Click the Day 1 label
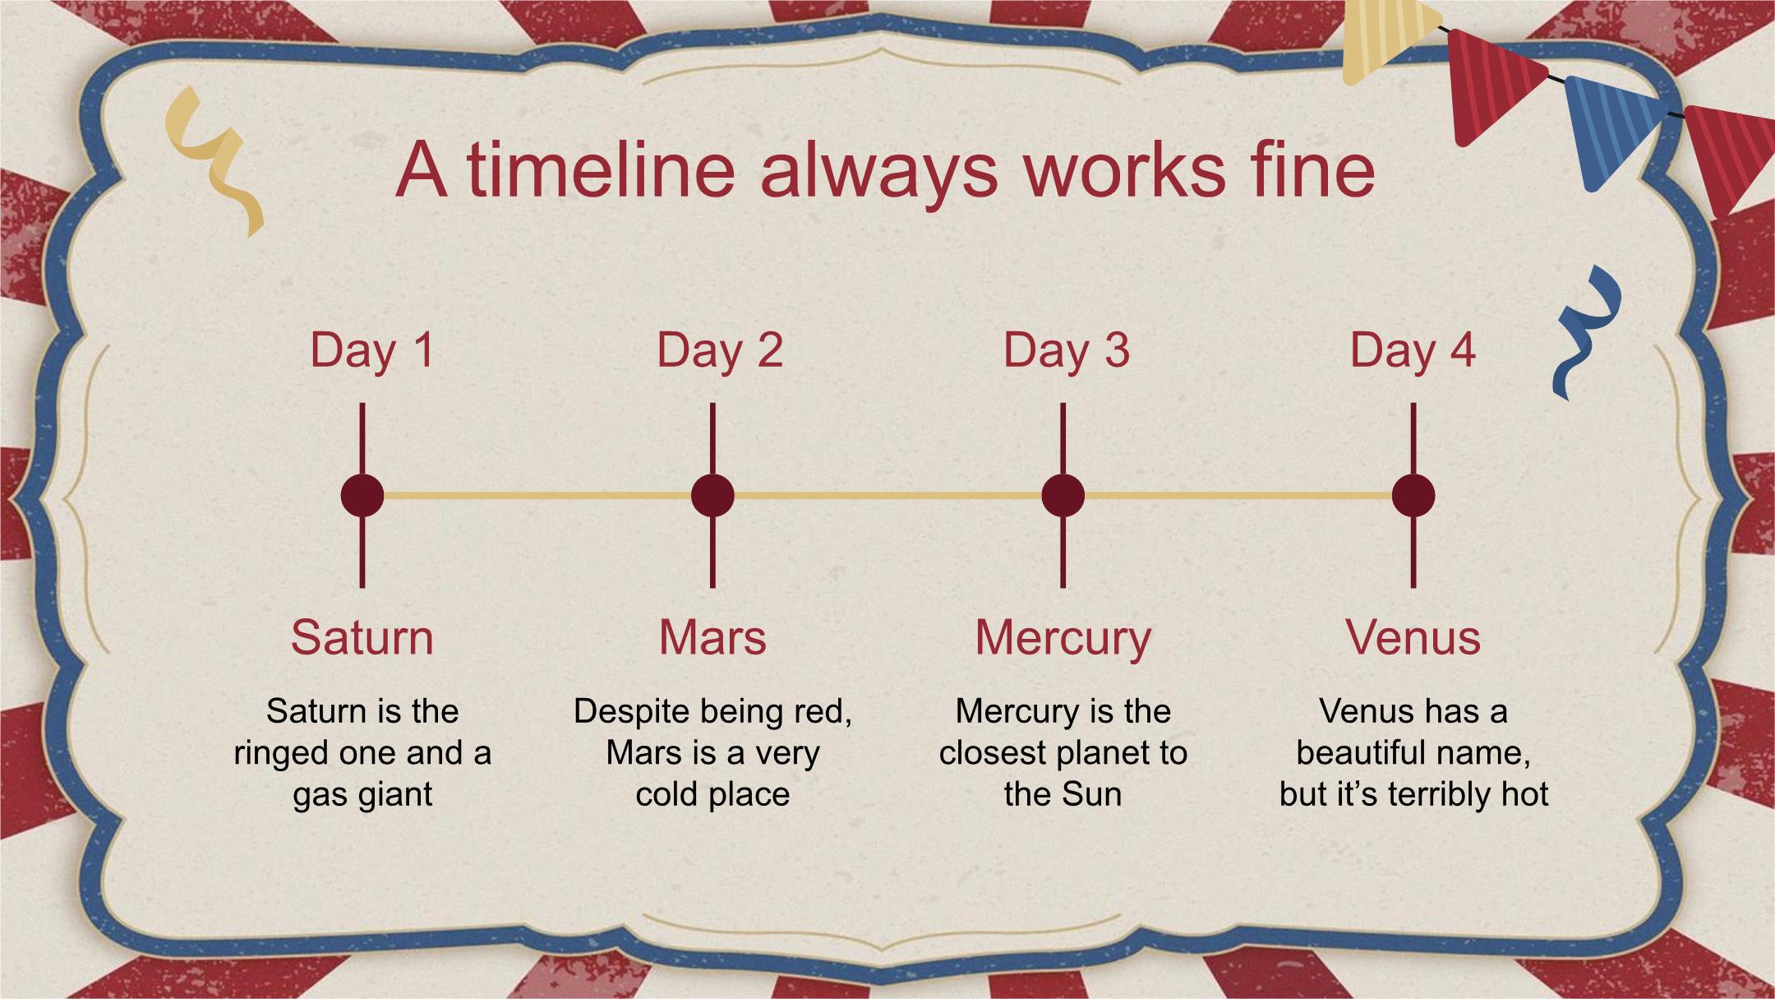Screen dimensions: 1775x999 [372, 351]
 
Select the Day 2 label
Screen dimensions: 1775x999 [720, 351]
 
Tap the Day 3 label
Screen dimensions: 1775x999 [1067, 351]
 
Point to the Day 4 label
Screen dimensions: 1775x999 [1413, 351]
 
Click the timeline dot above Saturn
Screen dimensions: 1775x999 [362, 496]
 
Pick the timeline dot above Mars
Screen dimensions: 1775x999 [712, 496]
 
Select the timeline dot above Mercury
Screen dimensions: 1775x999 [1063, 496]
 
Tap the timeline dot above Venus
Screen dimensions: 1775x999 [1413, 496]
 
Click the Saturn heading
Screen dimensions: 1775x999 [362, 637]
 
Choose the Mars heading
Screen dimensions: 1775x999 [712, 637]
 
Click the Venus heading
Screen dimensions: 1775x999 [1413, 637]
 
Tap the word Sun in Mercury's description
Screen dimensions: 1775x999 [1092, 794]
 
